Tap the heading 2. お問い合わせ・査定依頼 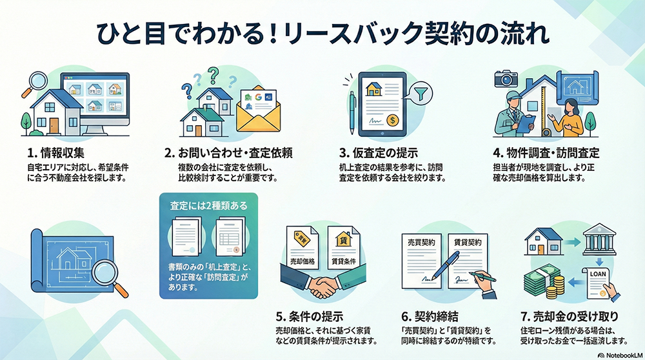click(229, 154)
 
